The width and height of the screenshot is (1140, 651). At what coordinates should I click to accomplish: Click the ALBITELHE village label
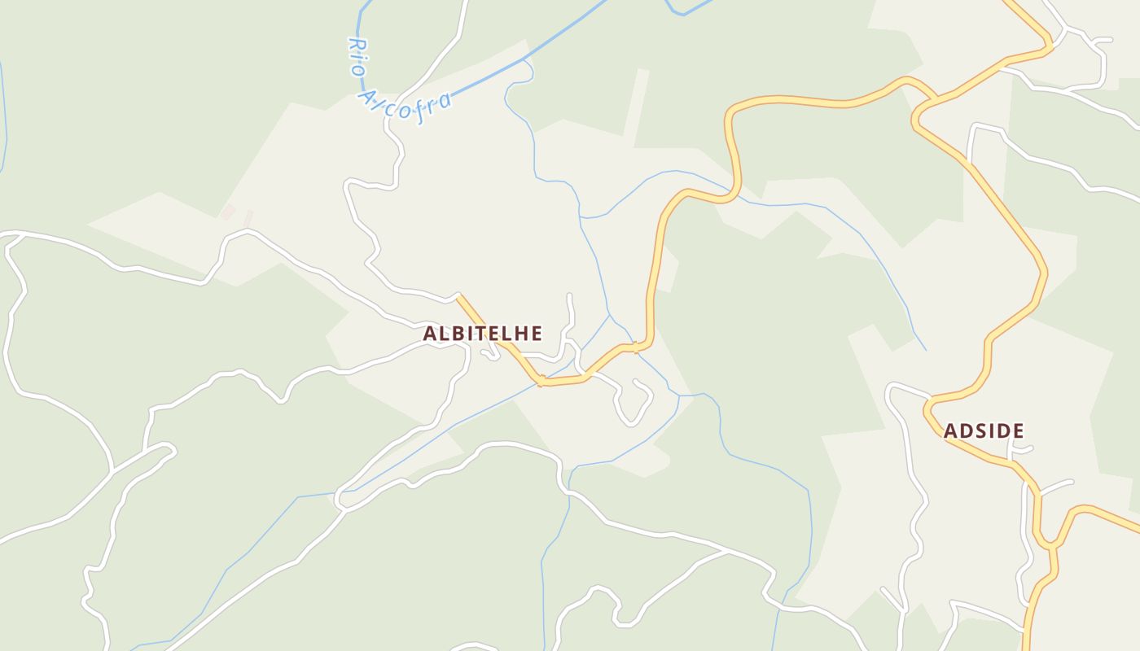click(482, 333)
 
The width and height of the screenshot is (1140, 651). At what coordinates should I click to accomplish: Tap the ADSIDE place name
click(984, 431)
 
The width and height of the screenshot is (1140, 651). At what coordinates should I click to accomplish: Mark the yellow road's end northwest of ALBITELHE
click(458, 296)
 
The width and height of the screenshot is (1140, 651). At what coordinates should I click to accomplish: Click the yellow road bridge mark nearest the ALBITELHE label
click(539, 380)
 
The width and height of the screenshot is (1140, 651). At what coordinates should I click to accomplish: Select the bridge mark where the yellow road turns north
click(636, 348)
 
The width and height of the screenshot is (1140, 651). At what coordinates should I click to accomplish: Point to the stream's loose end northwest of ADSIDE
click(925, 350)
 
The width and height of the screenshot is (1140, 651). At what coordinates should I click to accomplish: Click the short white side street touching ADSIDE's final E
click(1023, 448)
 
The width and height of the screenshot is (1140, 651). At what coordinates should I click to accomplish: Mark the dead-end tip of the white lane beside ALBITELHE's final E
click(569, 295)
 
